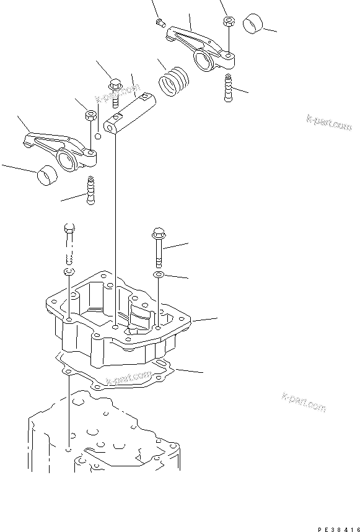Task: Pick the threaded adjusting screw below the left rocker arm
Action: click(92, 190)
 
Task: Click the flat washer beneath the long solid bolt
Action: click(159, 274)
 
